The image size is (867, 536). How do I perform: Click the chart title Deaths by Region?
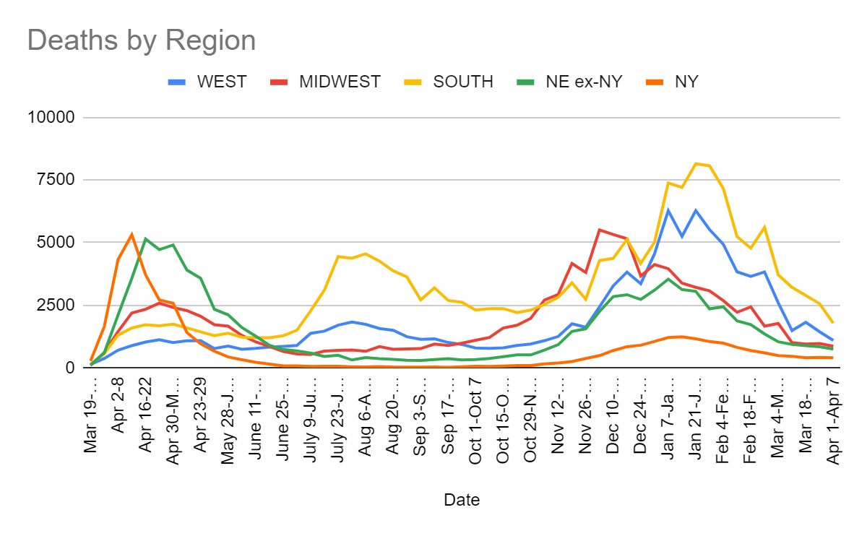[x=142, y=40]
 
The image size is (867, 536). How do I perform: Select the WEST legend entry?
[x=221, y=82]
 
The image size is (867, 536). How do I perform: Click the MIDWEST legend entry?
[x=340, y=82]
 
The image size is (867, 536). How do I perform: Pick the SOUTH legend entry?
[x=462, y=82]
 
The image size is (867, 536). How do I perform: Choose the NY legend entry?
[x=686, y=82]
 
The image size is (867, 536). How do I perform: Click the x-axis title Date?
[x=462, y=499]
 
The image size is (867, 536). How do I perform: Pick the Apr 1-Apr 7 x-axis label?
[x=832, y=420]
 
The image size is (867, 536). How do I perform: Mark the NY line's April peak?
[x=131, y=234]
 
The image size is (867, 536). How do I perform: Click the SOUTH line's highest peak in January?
[x=696, y=163]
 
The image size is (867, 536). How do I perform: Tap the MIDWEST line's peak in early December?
[x=600, y=230]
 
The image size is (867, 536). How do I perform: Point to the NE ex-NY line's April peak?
[x=145, y=238]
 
